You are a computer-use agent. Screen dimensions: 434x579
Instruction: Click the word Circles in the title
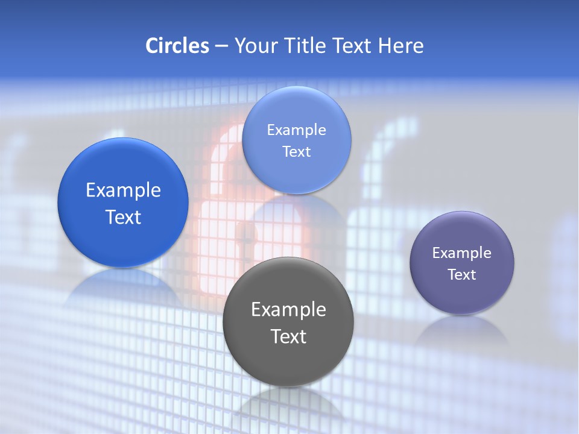[177, 46]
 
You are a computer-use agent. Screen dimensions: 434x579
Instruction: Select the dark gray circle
[288, 362]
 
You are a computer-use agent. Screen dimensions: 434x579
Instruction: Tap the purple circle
[462, 295]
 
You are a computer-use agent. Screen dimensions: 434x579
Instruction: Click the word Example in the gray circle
[288, 310]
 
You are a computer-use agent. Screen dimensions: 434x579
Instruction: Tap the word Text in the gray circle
[288, 336]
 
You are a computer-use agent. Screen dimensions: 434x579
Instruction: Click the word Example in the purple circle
[462, 253]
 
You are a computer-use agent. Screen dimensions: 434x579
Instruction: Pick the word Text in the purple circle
[462, 275]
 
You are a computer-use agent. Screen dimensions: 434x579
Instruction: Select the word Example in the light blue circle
[297, 130]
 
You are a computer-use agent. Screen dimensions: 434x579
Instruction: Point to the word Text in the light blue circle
[297, 152]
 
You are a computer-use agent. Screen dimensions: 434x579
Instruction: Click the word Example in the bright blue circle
[123, 190]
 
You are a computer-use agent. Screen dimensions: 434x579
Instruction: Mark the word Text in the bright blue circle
[123, 217]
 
